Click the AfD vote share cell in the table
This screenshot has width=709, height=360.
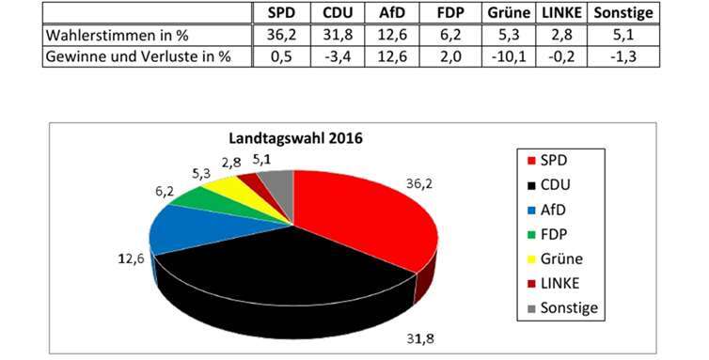coord(393,35)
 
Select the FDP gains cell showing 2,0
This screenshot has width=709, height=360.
coord(450,55)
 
